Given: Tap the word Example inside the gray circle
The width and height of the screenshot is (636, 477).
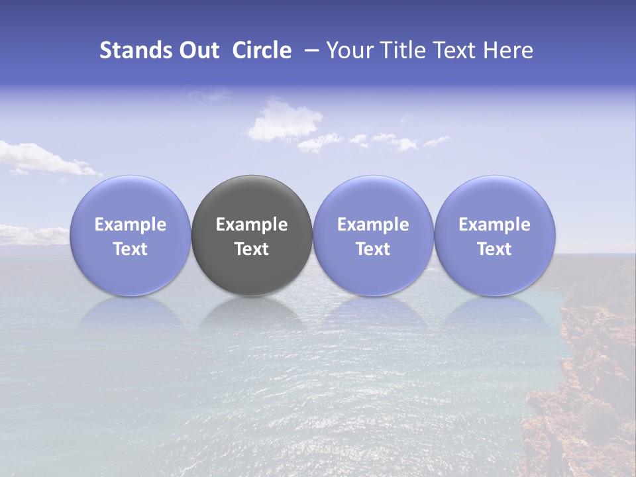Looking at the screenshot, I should coord(252,225).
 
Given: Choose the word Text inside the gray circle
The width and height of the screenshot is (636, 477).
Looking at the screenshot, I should coord(252,249).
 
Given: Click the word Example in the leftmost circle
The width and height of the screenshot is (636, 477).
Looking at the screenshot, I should coord(131,225).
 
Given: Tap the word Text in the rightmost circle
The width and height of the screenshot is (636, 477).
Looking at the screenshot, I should coord(495,249).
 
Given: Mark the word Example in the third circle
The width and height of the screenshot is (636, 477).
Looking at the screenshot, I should coord(373,225).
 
